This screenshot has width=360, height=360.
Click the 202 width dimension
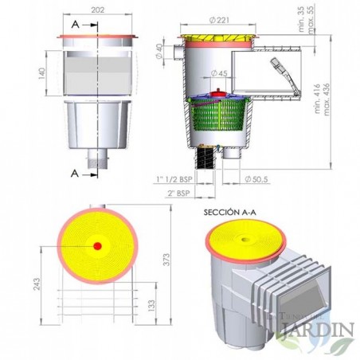(99, 11)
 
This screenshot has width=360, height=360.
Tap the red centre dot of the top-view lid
(98, 246)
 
